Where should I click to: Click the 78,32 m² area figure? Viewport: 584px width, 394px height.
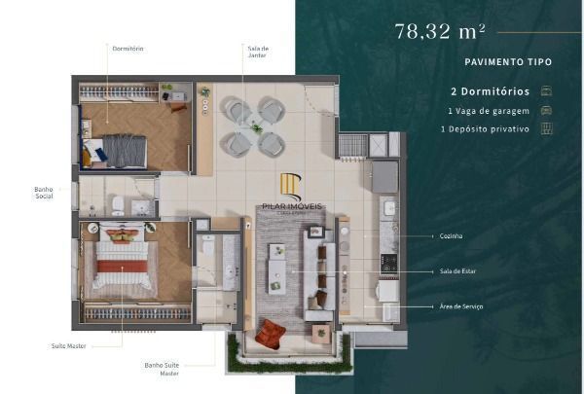coord(440,31)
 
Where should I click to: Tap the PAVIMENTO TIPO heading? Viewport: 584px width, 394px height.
coord(507,62)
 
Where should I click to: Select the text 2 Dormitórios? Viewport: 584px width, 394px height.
coord(490,90)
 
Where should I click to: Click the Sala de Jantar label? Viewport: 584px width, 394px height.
coord(256,51)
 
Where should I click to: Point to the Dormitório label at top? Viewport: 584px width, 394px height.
coord(128,48)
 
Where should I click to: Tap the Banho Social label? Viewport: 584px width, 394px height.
coord(43,193)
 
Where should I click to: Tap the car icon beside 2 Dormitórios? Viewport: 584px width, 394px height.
coord(547,90)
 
